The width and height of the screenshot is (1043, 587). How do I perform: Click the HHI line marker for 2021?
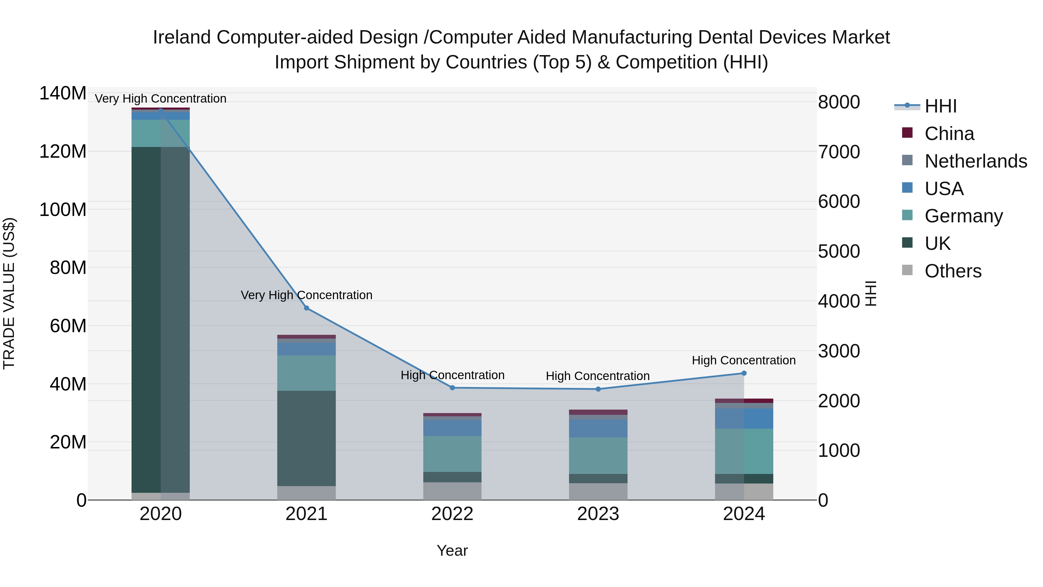pos(307,308)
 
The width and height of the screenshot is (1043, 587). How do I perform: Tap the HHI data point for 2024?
pos(744,373)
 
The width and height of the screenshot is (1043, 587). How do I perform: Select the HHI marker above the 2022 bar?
pos(452,388)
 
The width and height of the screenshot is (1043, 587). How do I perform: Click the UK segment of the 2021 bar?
pos(307,438)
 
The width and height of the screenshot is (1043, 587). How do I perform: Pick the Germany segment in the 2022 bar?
pos(452,454)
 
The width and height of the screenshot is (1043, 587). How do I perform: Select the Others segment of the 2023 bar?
pos(598,491)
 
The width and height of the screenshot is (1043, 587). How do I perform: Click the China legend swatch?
pos(907,133)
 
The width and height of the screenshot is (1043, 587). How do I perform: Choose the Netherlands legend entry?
pos(976,161)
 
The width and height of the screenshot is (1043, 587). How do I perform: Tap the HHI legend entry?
pos(940,106)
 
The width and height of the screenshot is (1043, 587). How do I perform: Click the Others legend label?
pos(953,271)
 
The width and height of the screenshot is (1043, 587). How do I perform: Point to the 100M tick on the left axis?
pos(63,210)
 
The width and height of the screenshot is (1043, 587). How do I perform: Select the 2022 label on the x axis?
pos(452,514)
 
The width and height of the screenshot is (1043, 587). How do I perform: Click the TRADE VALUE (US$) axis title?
pos(9,293)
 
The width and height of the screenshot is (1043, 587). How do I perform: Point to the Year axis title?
pos(452,550)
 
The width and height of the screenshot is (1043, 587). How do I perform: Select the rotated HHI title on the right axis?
pos(871,293)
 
